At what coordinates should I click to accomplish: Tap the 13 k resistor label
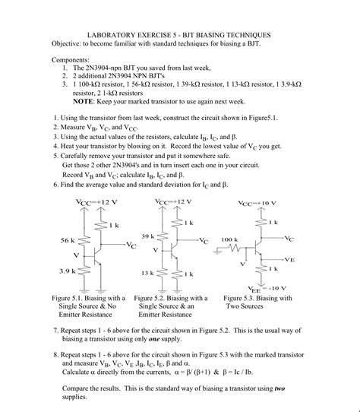click(x=147, y=271)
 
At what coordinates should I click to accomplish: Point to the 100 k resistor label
click(x=230, y=239)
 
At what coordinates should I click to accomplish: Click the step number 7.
click(x=56, y=331)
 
